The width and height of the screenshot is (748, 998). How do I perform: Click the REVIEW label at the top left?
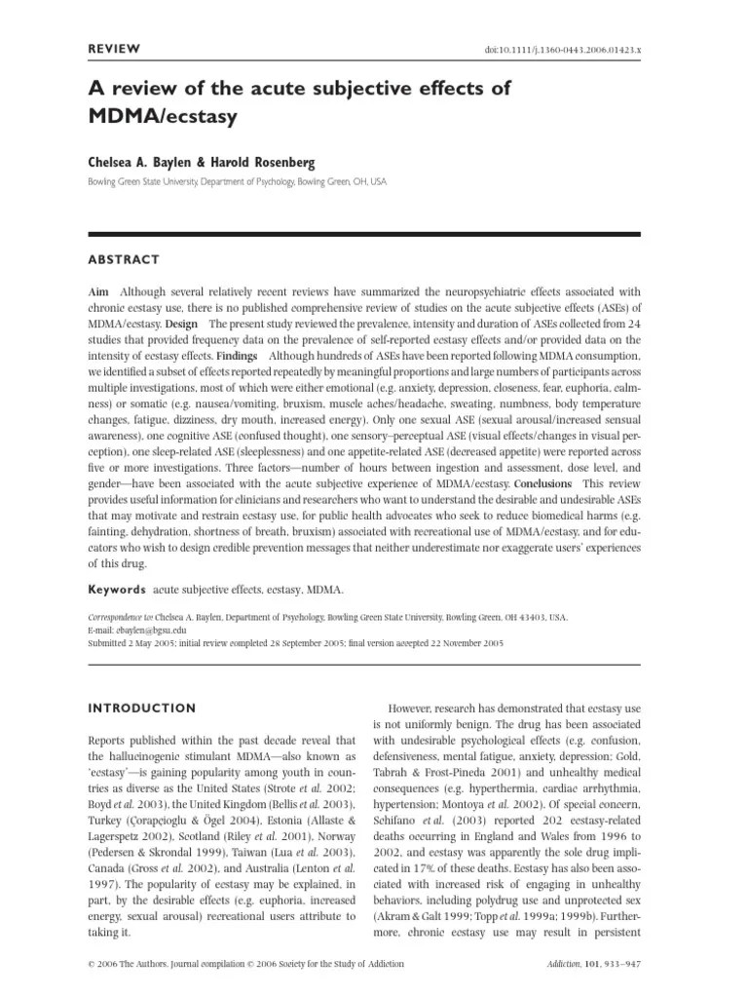coord(115,48)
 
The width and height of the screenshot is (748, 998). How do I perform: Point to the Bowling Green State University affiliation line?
coord(237,181)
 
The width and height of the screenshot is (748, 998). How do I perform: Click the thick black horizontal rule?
coord(364,235)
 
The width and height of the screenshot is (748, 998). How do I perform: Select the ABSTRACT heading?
coord(124,259)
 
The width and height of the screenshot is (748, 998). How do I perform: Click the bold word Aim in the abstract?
coord(98,291)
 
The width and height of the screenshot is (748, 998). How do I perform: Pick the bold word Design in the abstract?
coord(182,323)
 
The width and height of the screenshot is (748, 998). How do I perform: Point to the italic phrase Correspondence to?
coord(123,617)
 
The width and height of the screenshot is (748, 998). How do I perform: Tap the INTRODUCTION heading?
coord(142,708)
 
